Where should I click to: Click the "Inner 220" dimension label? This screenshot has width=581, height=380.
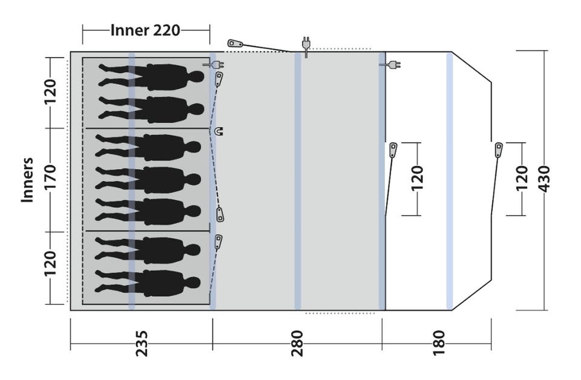(145, 30)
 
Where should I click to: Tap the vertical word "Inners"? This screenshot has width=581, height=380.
(27, 181)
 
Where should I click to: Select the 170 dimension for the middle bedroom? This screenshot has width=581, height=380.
(50, 177)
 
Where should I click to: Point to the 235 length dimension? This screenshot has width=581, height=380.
(142, 343)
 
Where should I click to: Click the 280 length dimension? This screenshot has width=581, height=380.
(297, 343)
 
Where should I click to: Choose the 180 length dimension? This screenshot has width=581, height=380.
(438, 343)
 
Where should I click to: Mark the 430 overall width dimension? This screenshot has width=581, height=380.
(543, 179)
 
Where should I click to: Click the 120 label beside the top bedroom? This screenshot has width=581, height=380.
(50, 92)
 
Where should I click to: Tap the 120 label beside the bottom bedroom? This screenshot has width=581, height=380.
(50, 264)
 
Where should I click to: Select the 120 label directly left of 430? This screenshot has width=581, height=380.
(521, 179)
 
